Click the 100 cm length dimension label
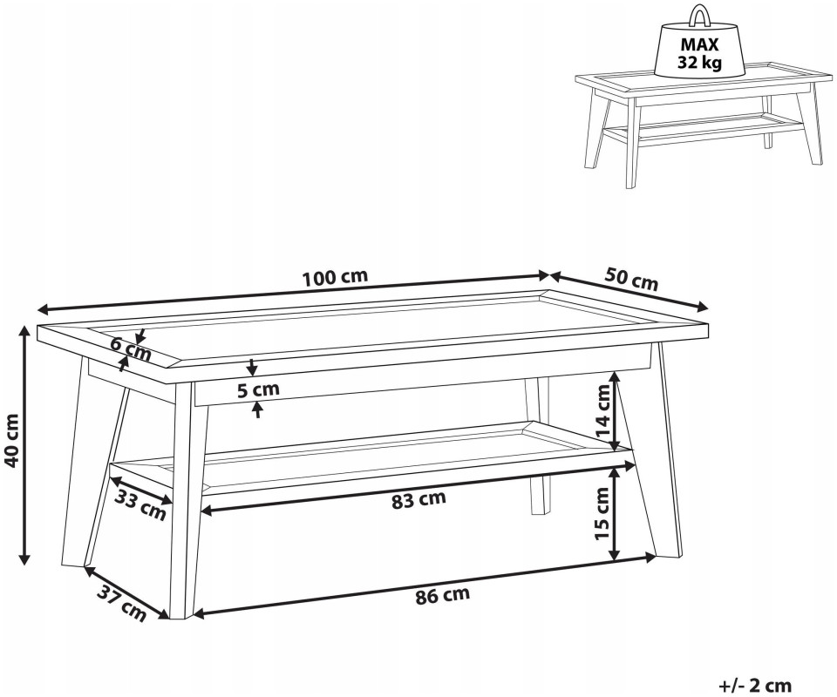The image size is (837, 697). [335, 277]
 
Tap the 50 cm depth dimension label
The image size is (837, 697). [631, 279]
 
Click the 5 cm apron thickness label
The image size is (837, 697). [258, 389]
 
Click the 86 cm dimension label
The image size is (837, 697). [443, 595]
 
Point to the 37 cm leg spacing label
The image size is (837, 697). [122, 604]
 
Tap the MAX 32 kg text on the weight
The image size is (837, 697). [699, 54]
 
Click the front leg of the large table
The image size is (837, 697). [187, 500]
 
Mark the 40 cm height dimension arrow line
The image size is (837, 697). [24, 445]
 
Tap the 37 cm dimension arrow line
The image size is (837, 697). [126, 592]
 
